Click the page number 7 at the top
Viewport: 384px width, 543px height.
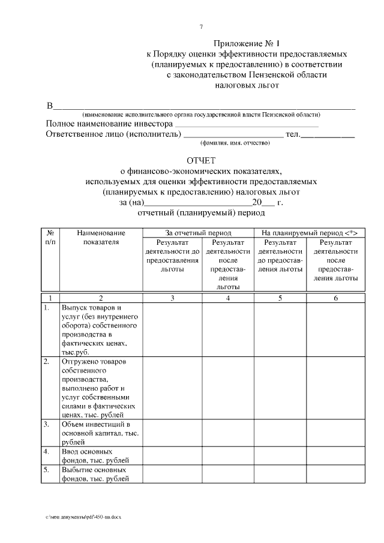(201, 27)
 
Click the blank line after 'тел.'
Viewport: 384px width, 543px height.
(328, 136)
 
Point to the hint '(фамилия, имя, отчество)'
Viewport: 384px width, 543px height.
(235, 143)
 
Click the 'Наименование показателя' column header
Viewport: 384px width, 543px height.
(101, 237)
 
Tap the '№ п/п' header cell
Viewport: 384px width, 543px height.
(51, 237)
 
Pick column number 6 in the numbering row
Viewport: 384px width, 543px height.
(335, 298)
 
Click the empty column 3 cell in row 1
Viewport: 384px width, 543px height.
(172, 330)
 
